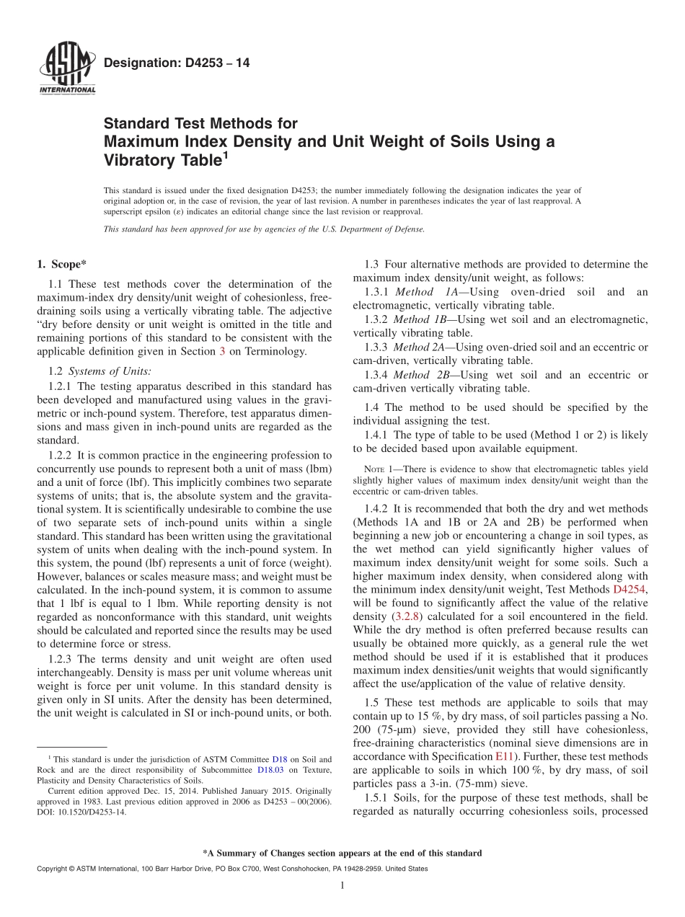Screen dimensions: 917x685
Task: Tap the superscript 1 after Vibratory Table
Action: point(225,154)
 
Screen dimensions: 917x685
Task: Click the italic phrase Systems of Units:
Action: point(110,371)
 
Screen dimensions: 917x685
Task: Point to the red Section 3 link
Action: point(222,351)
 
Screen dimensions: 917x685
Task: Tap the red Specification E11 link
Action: point(503,756)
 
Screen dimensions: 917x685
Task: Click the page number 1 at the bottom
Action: point(342,886)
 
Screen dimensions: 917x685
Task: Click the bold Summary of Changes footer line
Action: point(342,853)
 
